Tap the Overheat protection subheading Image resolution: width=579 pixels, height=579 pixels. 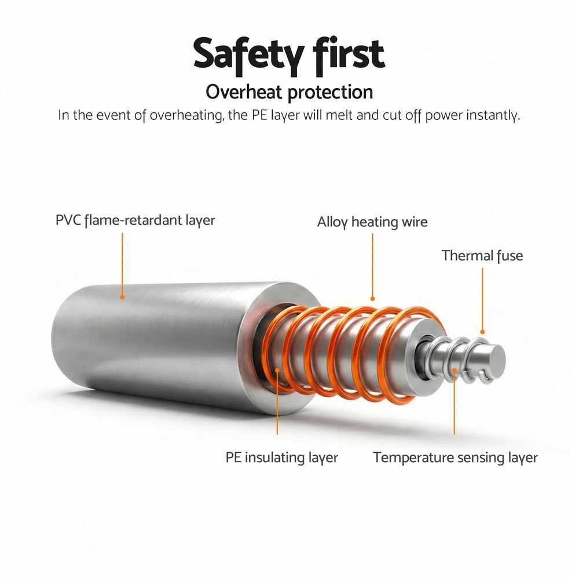[x=289, y=92]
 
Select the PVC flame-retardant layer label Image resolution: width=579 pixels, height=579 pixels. [x=135, y=221]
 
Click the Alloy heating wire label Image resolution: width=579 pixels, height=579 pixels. [x=372, y=222]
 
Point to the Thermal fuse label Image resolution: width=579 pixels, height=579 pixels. [x=482, y=255]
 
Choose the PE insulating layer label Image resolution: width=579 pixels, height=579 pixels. [x=282, y=457]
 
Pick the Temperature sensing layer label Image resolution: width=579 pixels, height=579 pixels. [x=455, y=457]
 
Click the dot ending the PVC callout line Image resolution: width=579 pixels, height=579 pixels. [x=122, y=296]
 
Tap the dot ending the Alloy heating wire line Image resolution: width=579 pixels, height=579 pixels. [x=372, y=298]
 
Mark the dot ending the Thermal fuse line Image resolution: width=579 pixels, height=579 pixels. [x=482, y=332]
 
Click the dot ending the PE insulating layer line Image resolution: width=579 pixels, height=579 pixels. [x=277, y=369]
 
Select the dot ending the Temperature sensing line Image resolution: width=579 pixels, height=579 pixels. [x=454, y=370]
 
